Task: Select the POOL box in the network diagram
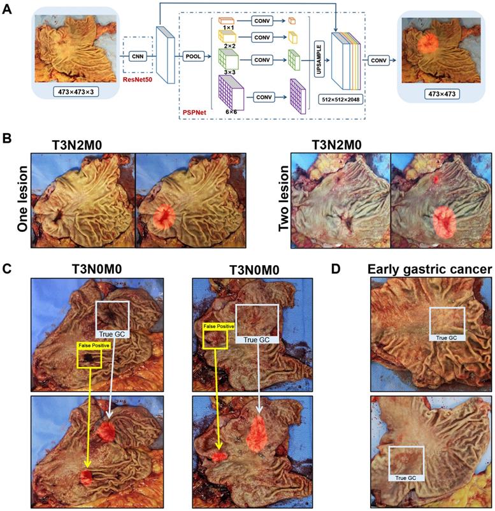pyautogui.click(x=194, y=56)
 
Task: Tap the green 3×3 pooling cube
pyautogui.click(x=229, y=59)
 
